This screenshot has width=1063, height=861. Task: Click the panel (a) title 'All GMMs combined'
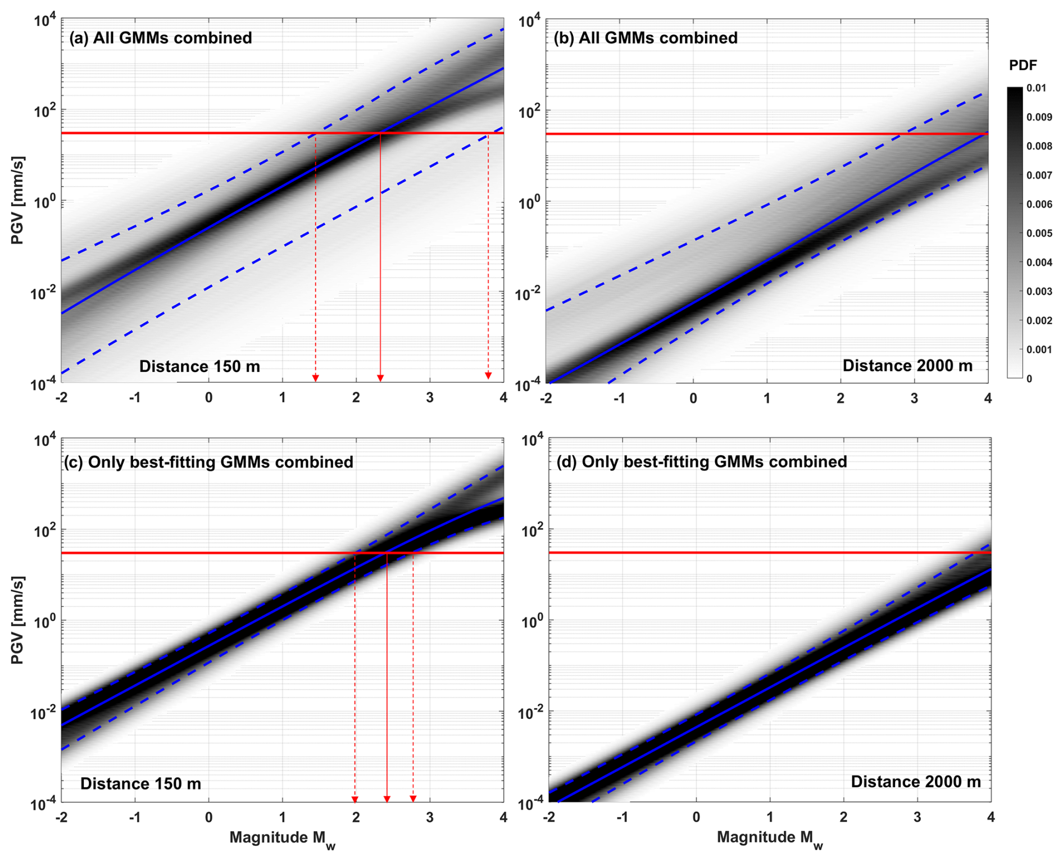tap(160, 38)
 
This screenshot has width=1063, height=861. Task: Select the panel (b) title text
tap(645, 38)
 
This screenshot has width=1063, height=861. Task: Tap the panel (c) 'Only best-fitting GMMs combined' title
tap(208, 462)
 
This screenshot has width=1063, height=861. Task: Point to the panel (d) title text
tap(701, 462)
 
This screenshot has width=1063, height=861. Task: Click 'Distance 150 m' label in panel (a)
tap(199, 366)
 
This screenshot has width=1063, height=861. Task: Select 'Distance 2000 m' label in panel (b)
tap(907, 366)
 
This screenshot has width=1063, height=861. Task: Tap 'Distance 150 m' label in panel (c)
tap(140, 783)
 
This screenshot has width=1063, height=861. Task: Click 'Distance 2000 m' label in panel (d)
tap(915, 782)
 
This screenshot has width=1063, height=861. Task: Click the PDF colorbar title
tap(1023, 65)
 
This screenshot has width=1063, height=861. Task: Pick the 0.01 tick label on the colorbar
tap(1036, 88)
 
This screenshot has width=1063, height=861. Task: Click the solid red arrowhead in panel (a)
tap(380, 378)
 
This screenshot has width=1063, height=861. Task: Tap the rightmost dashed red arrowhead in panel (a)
tap(488, 375)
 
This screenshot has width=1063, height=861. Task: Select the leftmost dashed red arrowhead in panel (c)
tap(355, 799)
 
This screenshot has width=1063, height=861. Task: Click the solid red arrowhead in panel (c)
tap(387, 799)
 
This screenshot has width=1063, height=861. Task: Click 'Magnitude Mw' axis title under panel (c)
tap(282, 839)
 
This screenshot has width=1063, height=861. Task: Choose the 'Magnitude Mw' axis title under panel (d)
tap(769, 839)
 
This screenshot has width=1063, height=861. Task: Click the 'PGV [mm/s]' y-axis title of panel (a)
tap(18, 201)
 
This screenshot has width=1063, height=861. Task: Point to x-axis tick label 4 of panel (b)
tap(988, 398)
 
